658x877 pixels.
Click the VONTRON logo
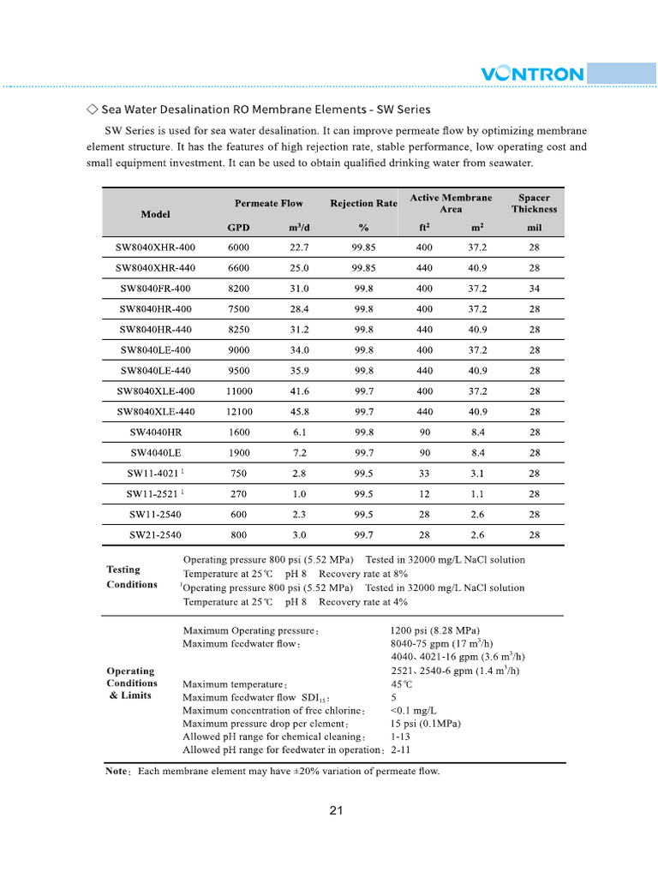click(x=532, y=74)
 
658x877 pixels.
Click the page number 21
click(x=336, y=811)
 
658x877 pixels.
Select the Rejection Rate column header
click(x=363, y=204)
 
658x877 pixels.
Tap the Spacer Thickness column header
click(x=534, y=204)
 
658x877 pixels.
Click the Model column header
click(x=155, y=214)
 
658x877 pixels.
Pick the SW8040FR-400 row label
click(x=155, y=289)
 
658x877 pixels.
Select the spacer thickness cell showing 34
click(x=534, y=289)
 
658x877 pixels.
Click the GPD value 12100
click(x=239, y=412)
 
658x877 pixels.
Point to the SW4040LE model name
click(x=155, y=453)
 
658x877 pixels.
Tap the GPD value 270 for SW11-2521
click(x=239, y=494)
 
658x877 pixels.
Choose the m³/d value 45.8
click(x=299, y=412)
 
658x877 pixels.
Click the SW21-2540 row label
click(x=155, y=535)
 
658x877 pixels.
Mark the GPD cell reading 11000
click(x=239, y=391)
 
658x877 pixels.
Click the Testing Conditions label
click(x=131, y=576)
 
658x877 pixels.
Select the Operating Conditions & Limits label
click(x=131, y=683)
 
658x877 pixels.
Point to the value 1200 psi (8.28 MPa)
click(x=434, y=631)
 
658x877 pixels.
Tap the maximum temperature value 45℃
click(x=402, y=684)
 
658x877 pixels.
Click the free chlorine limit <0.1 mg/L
click(x=413, y=711)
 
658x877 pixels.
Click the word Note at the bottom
click(x=117, y=772)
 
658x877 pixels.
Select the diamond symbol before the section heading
click(x=92, y=110)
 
